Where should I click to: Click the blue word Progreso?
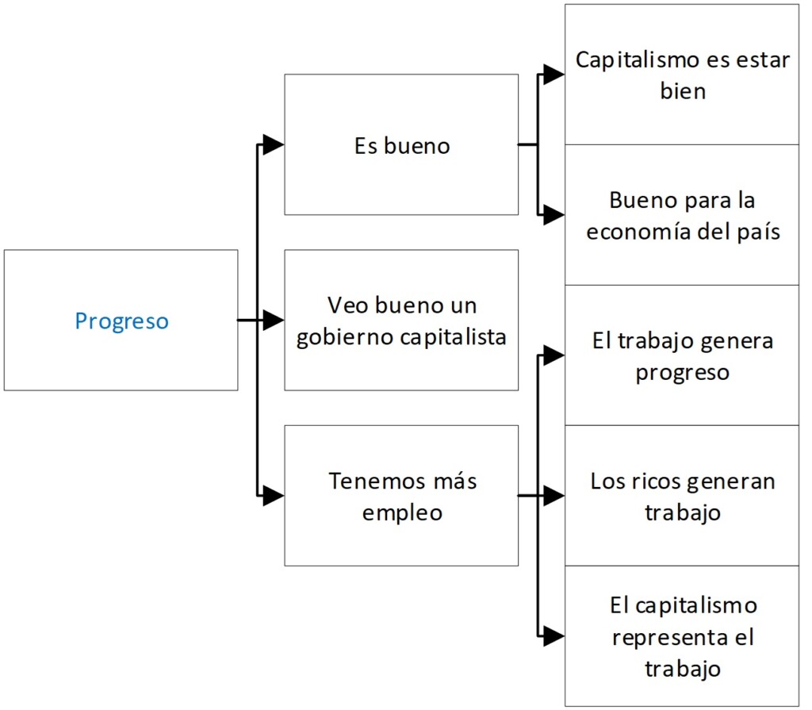[x=121, y=321]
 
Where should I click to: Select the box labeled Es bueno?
[x=401, y=144]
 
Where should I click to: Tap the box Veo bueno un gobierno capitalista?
[x=401, y=320]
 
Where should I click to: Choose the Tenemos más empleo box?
[x=401, y=496]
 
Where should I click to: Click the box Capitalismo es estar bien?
[x=682, y=75]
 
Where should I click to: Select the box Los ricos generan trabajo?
[x=682, y=496]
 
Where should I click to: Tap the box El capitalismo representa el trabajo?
[x=682, y=636]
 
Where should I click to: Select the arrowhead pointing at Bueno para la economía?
[x=554, y=215]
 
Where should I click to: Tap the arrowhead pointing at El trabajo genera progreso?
[x=554, y=355]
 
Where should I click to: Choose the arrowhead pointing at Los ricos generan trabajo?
[x=554, y=497]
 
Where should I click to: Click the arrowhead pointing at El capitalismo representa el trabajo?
[x=554, y=636]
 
